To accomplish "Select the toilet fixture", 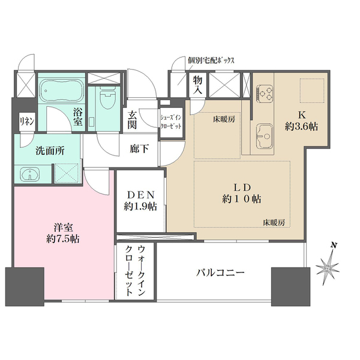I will click(x=107, y=100).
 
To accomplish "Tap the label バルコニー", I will click(x=220, y=273).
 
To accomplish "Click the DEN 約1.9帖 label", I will click(x=140, y=200).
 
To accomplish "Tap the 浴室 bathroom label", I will click(x=77, y=116).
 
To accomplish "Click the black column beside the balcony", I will click(x=286, y=286).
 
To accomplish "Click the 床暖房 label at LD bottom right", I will click(x=273, y=223).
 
